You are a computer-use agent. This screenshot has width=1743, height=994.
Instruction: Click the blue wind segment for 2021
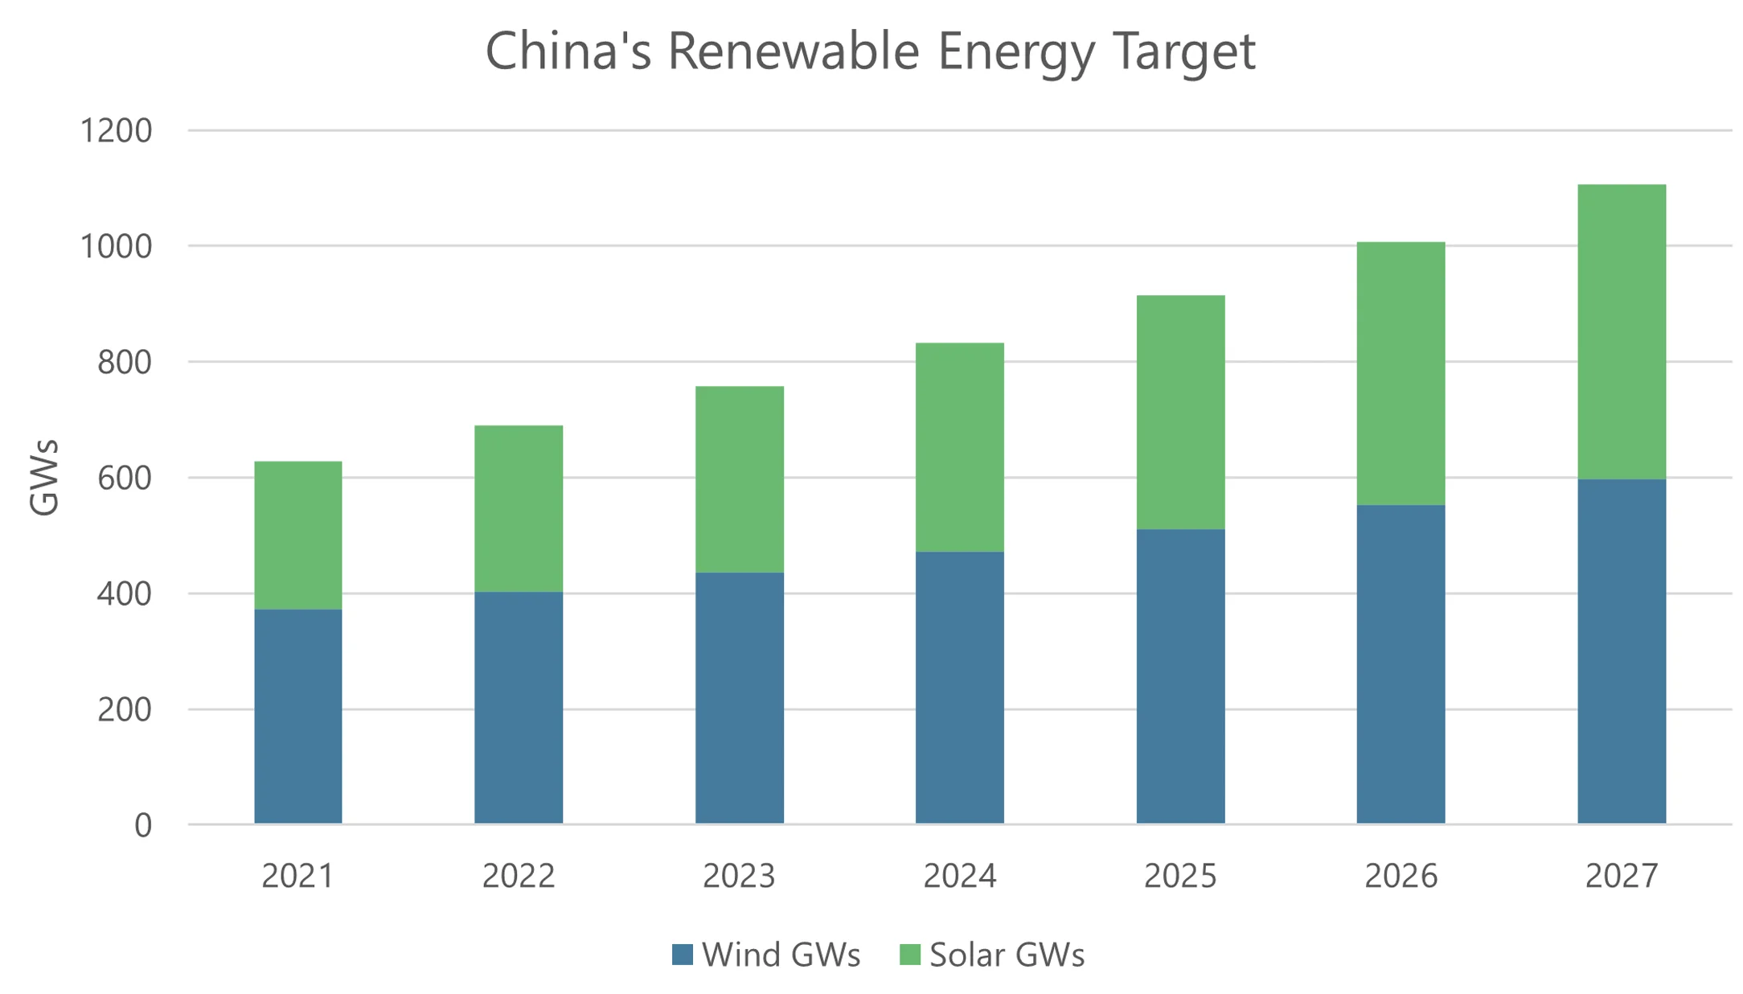298,716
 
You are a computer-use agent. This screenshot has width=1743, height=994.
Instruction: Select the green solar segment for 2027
1621,331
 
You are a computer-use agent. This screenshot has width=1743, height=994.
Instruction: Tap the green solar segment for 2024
959,447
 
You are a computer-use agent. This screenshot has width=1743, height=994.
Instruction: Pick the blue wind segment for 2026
1401,663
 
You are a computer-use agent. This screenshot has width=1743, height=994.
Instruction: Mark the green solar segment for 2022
519,508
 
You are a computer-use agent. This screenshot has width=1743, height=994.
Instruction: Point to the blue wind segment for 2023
739,697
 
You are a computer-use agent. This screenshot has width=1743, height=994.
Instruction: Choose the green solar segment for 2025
1180,412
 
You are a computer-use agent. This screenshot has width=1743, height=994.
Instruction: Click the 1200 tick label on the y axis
116,130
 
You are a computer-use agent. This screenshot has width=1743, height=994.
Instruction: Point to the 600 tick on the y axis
125,479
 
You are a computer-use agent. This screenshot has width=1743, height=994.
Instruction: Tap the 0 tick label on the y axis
143,826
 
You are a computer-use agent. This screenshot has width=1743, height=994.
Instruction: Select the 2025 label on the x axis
1180,876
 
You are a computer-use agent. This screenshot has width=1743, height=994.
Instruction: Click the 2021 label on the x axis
298,876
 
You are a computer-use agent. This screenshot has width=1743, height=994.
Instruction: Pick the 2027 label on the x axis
1621,876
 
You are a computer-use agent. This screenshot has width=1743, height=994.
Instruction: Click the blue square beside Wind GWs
683,955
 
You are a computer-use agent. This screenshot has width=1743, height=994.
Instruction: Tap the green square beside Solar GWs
909,955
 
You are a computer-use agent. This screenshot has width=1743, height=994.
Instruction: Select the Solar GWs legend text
1007,955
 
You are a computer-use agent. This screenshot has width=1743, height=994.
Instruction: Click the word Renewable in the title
793,51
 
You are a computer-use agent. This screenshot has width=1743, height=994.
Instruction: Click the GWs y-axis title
44,478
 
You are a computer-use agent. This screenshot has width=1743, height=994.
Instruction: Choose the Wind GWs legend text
781,955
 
